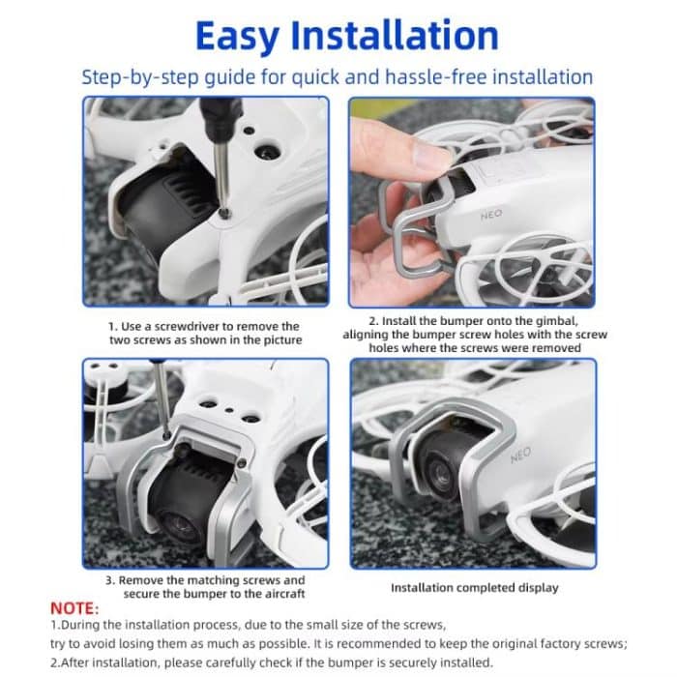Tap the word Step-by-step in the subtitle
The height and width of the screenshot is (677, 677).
[x=140, y=77]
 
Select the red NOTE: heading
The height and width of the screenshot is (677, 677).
[x=74, y=608]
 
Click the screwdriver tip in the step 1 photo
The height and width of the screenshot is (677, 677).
[x=224, y=213]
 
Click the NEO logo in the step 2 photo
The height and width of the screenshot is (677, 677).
[x=491, y=214]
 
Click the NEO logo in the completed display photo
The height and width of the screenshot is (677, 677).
[x=520, y=455]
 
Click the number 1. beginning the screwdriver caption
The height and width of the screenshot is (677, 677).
[x=113, y=327]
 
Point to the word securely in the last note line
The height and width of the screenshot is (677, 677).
[x=411, y=662]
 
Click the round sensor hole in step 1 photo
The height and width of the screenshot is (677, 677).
[x=266, y=152]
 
